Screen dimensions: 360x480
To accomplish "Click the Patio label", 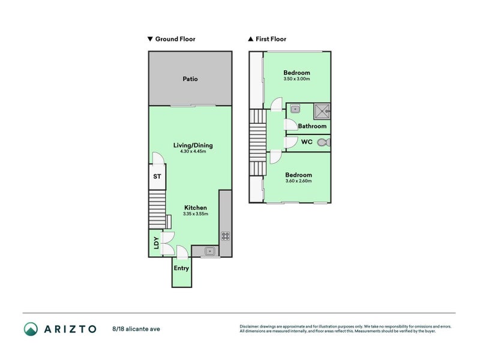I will tap(190, 79).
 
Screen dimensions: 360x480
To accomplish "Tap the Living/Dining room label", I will tap(193, 145).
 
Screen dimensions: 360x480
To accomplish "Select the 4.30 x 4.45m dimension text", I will tap(193, 151).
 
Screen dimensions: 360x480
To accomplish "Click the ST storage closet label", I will tap(157, 176).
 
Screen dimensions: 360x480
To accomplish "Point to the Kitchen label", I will tap(195, 208).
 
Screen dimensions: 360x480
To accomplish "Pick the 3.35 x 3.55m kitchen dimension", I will tap(195, 214).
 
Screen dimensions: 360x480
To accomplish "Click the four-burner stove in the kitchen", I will tap(226, 236).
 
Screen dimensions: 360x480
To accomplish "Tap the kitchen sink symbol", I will tap(210, 251).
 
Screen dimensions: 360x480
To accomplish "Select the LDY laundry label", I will tap(156, 243).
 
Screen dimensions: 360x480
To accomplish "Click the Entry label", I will tap(181, 268).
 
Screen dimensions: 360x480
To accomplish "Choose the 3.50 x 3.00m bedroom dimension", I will tap(296, 79).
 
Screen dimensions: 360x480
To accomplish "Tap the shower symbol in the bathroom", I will tap(322, 110).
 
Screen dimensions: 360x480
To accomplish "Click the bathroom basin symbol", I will tap(295, 109).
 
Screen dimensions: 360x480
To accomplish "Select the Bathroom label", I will tap(312, 126).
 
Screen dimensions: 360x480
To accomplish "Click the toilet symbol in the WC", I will tap(323, 143).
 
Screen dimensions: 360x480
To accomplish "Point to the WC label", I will tap(306, 142).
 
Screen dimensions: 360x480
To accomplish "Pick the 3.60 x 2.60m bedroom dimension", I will tap(298, 181).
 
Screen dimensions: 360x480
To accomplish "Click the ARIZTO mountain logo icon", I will tap(31, 329).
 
